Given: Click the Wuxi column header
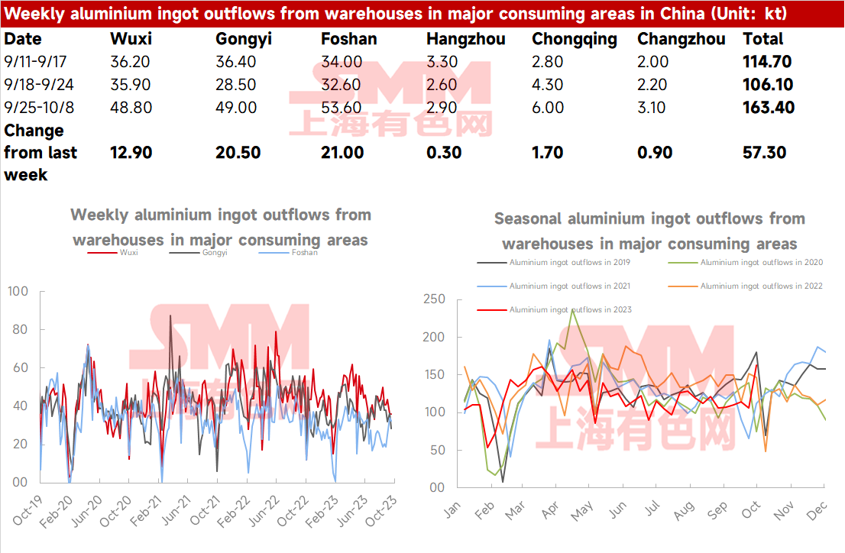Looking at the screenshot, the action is (x=131, y=39).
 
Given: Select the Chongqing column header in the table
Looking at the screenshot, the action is (x=575, y=40).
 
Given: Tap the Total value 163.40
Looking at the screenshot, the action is (x=769, y=107).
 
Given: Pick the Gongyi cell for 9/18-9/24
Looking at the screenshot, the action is (x=236, y=85).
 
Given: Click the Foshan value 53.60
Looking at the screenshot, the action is (x=342, y=107).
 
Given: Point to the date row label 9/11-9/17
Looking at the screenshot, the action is (x=35, y=61).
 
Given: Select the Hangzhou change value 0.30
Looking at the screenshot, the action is (x=444, y=153).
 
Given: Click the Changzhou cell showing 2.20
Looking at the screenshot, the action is (x=652, y=85).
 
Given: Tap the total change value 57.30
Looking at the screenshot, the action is (x=764, y=153).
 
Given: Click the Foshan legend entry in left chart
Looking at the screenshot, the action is (x=288, y=252).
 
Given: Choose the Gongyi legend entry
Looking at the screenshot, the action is (x=199, y=252).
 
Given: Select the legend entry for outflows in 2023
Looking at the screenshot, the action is (x=555, y=309).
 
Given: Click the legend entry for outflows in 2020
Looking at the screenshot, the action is (x=746, y=263).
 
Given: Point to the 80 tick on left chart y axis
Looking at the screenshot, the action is (x=20, y=329).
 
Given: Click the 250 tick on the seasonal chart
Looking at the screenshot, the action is (x=434, y=299).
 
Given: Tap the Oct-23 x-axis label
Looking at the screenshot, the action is (x=381, y=511).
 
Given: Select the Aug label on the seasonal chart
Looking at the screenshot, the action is (x=684, y=510).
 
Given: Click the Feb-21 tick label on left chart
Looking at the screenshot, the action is (x=146, y=511).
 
